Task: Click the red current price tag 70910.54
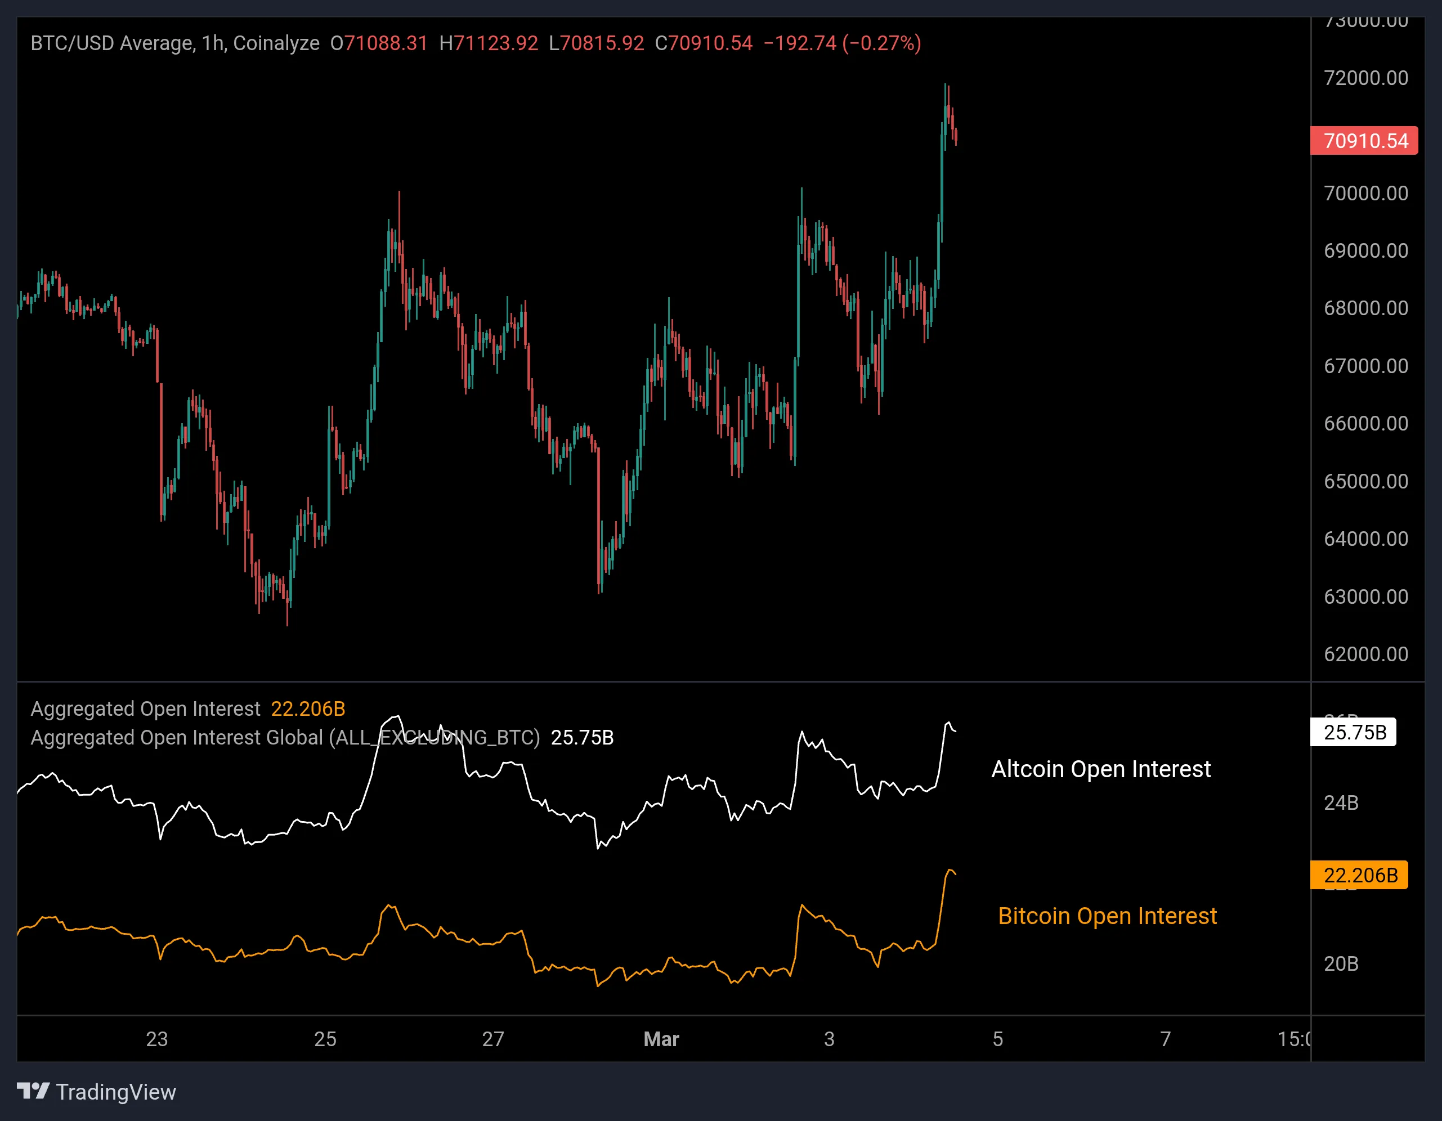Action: tap(1364, 141)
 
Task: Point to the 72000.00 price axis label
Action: tap(1365, 78)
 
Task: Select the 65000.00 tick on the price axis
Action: tap(1365, 481)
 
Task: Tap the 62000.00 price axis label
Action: tap(1365, 654)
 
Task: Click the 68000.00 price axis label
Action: tap(1365, 308)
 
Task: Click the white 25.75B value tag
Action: tap(1354, 732)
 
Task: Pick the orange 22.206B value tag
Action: tap(1359, 876)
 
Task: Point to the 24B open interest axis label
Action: tap(1341, 803)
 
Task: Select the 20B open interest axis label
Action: tap(1341, 964)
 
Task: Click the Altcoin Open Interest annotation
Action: tap(1101, 769)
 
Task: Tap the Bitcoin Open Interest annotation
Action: tap(1107, 916)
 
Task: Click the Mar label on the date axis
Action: tap(661, 1039)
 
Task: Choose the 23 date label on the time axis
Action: tap(156, 1039)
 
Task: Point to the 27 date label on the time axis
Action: tap(492, 1039)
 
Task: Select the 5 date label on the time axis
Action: tap(998, 1039)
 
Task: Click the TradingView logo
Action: tap(96, 1092)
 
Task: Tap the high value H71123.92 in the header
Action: tap(489, 43)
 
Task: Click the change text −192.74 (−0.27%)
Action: tap(842, 43)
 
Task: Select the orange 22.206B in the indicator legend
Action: tap(308, 709)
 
